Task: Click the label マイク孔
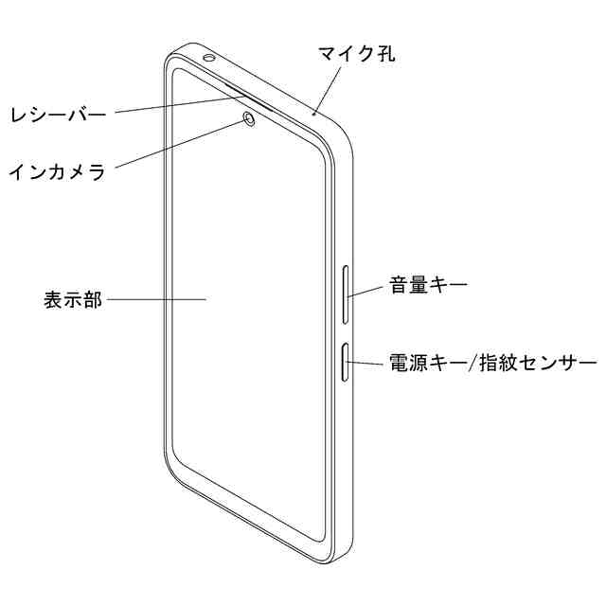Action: pyautogui.click(x=356, y=53)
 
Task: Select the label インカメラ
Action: pyautogui.click(x=56, y=172)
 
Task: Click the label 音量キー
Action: pyautogui.click(x=427, y=284)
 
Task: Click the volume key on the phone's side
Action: pyautogui.click(x=347, y=294)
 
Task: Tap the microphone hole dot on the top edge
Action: pyautogui.click(x=313, y=114)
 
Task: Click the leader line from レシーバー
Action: pyautogui.click(x=170, y=107)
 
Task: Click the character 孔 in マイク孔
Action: pyautogui.click(x=383, y=53)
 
